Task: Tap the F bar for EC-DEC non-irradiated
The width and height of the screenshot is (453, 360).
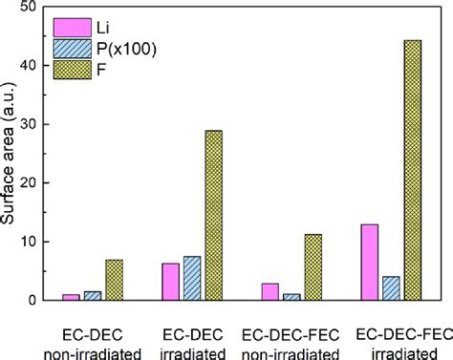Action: click(114, 280)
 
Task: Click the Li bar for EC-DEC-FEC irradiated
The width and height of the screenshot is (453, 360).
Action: click(369, 262)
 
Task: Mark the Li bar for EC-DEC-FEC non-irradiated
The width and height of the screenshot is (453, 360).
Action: click(270, 291)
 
